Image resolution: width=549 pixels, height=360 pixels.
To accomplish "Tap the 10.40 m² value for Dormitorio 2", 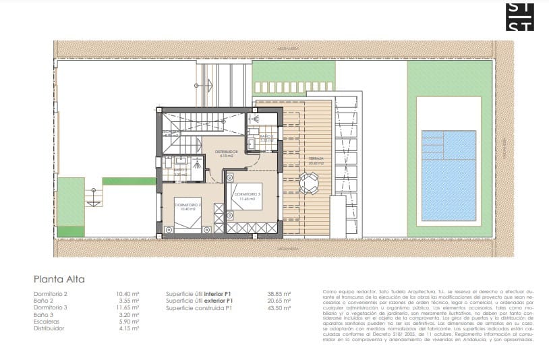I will pos(127,294).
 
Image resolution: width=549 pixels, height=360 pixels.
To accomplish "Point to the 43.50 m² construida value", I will pos(279,307).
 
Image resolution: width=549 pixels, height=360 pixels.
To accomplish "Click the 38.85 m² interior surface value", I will pos(279,294).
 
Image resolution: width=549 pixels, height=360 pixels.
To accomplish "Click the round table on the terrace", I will pos(310,182).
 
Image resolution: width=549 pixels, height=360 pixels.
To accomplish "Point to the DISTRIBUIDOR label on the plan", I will pos(227,152).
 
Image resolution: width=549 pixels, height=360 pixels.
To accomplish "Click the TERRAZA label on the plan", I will pos(316,158).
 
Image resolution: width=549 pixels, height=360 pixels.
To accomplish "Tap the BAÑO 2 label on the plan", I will pos(266,136).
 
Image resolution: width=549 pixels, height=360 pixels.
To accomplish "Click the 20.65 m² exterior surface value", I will pos(279,301).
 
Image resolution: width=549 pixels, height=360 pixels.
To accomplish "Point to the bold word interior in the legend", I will pos(214,294).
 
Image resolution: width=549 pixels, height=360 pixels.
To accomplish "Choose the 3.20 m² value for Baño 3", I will pos(127,314).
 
